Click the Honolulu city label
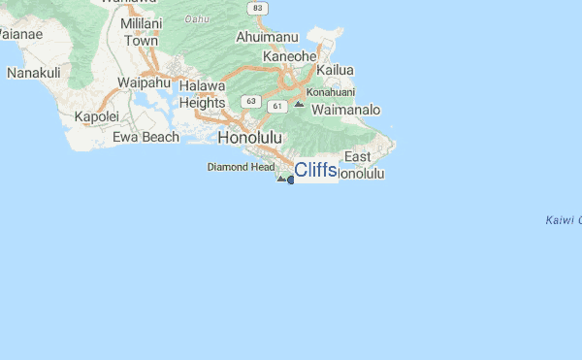pyautogui.click(x=250, y=138)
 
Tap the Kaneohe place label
pyautogui.click(x=289, y=56)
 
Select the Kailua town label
pyautogui.click(x=335, y=71)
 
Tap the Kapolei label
pyautogui.click(x=96, y=116)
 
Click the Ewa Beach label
pyautogui.click(x=145, y=137)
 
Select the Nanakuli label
pyautogui.click(x=34, y=73)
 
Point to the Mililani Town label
pyautogui.click(x=141, y=34)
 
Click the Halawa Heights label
pyautogui.click(x=202, y=94)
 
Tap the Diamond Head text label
pyautogui.click(x=241, y=167)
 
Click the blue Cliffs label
pyautogui.click(x=315, y=171)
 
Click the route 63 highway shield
pyautogui.click(x=250, y=101)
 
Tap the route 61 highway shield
pyautogui.click(x=277, y=106)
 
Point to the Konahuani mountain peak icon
pyautogui.click(x=298, y=103)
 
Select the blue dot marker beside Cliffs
pyautogui.click(x=291, y=180)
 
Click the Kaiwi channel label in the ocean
pyautogui.click(x=563, y=220)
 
